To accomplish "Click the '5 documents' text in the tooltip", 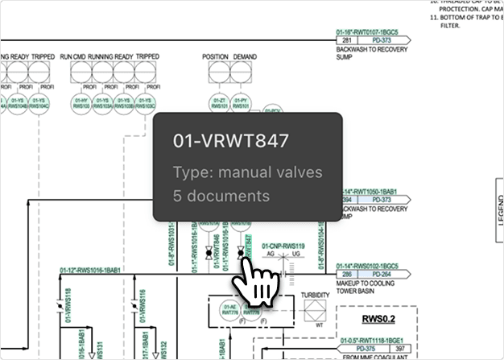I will click(221, 196).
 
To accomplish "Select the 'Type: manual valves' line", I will click(247, 172).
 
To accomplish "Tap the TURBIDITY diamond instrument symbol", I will click(315, 312).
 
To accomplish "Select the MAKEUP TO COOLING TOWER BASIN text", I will click(374, 288).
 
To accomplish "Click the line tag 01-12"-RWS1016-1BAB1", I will click(89, 271).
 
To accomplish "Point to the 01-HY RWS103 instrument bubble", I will click(81, 102).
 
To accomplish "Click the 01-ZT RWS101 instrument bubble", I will click(218, 102).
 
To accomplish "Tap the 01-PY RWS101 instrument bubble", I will click(240, 102).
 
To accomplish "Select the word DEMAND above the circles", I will click(246, 57).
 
